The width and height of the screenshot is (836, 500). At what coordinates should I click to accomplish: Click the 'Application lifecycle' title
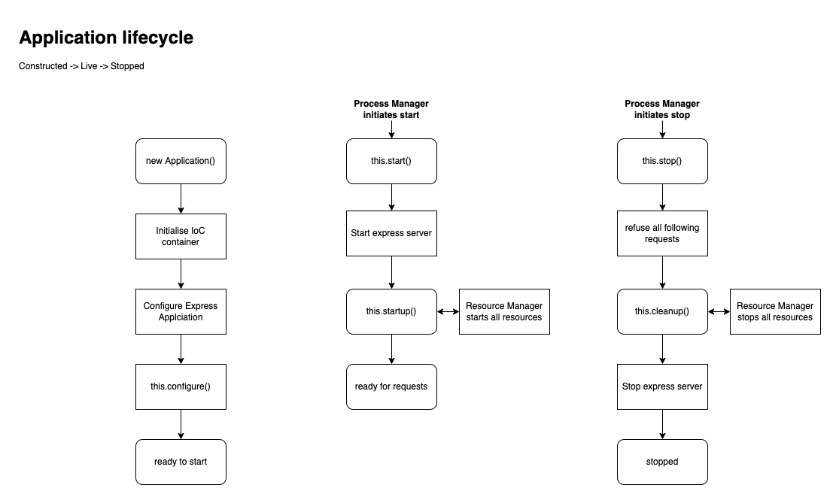click(x=106, y=38)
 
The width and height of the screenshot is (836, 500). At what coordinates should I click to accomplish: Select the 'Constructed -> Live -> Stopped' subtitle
click(x=81, y=66)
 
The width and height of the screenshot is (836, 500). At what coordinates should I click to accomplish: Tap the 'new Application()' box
click(x=181, y=162)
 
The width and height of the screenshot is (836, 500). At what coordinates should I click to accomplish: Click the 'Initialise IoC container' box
click(x=181, y=236)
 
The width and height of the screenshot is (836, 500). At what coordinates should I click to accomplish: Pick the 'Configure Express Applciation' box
click(x=181, y=311)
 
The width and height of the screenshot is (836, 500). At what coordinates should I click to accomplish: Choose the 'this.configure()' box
click(x=181, y=386)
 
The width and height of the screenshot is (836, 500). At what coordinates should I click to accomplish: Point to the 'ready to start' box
click(x=181, y=462)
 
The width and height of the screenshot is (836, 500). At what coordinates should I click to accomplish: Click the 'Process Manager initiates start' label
click(x=391, y=109)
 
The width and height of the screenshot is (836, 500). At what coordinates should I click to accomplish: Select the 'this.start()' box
click(x=391, y=162)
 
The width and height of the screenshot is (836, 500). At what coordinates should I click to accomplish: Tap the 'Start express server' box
click(x=391, y=233)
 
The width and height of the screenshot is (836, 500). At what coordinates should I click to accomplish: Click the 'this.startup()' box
click(x=391, y=311)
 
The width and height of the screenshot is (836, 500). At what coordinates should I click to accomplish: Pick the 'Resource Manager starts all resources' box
click(x=504, y=311)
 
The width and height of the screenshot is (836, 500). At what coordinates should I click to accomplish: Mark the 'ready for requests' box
click(x=391, y=386)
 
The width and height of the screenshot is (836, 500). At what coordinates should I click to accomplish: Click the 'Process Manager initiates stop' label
click(x=662, y=109)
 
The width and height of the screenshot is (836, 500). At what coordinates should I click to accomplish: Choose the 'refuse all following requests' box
click(x=662, y=233)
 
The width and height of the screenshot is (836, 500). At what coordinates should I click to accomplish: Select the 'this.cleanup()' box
click(x=662, y=311)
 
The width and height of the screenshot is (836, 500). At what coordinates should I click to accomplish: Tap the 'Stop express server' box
click(x=662, y=386)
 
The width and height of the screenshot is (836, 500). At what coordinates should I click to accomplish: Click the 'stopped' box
click(x=662, y=462)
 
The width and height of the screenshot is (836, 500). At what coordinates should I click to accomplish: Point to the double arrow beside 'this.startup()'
click(x=448, y=311)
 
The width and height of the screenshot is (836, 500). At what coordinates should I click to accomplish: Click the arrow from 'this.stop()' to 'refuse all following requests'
click(x=662, y=198)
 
